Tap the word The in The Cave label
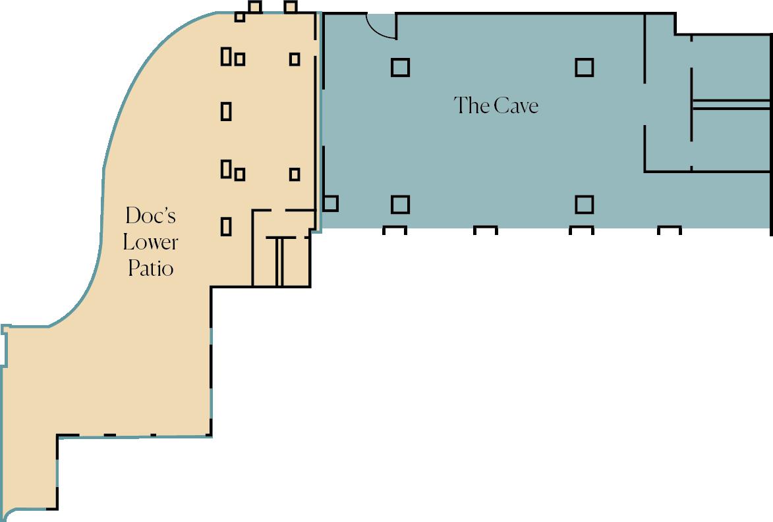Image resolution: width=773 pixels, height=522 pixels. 472,105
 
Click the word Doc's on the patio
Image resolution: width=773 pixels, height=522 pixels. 150,215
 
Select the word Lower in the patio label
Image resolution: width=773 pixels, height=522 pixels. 150,242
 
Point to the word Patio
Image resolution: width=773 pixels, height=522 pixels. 151,269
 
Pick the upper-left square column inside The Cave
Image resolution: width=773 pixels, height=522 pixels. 400,67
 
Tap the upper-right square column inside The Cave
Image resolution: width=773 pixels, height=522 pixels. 584,67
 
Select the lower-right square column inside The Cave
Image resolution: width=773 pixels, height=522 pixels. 584,204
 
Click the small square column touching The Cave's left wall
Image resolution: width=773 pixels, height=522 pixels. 330,203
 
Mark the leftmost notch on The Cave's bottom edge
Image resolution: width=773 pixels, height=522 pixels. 394,230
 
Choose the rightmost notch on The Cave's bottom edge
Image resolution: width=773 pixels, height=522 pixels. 670,230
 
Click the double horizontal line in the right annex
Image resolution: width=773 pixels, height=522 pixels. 731,105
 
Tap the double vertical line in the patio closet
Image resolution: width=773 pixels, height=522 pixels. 279,261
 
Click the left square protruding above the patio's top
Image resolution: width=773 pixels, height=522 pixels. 254,7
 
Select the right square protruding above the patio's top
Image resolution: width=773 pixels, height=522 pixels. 291,7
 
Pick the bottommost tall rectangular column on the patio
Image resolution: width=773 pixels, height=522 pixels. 226,226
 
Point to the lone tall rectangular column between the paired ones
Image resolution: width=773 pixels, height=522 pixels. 226,111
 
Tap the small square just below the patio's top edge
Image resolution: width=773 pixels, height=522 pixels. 240,16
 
